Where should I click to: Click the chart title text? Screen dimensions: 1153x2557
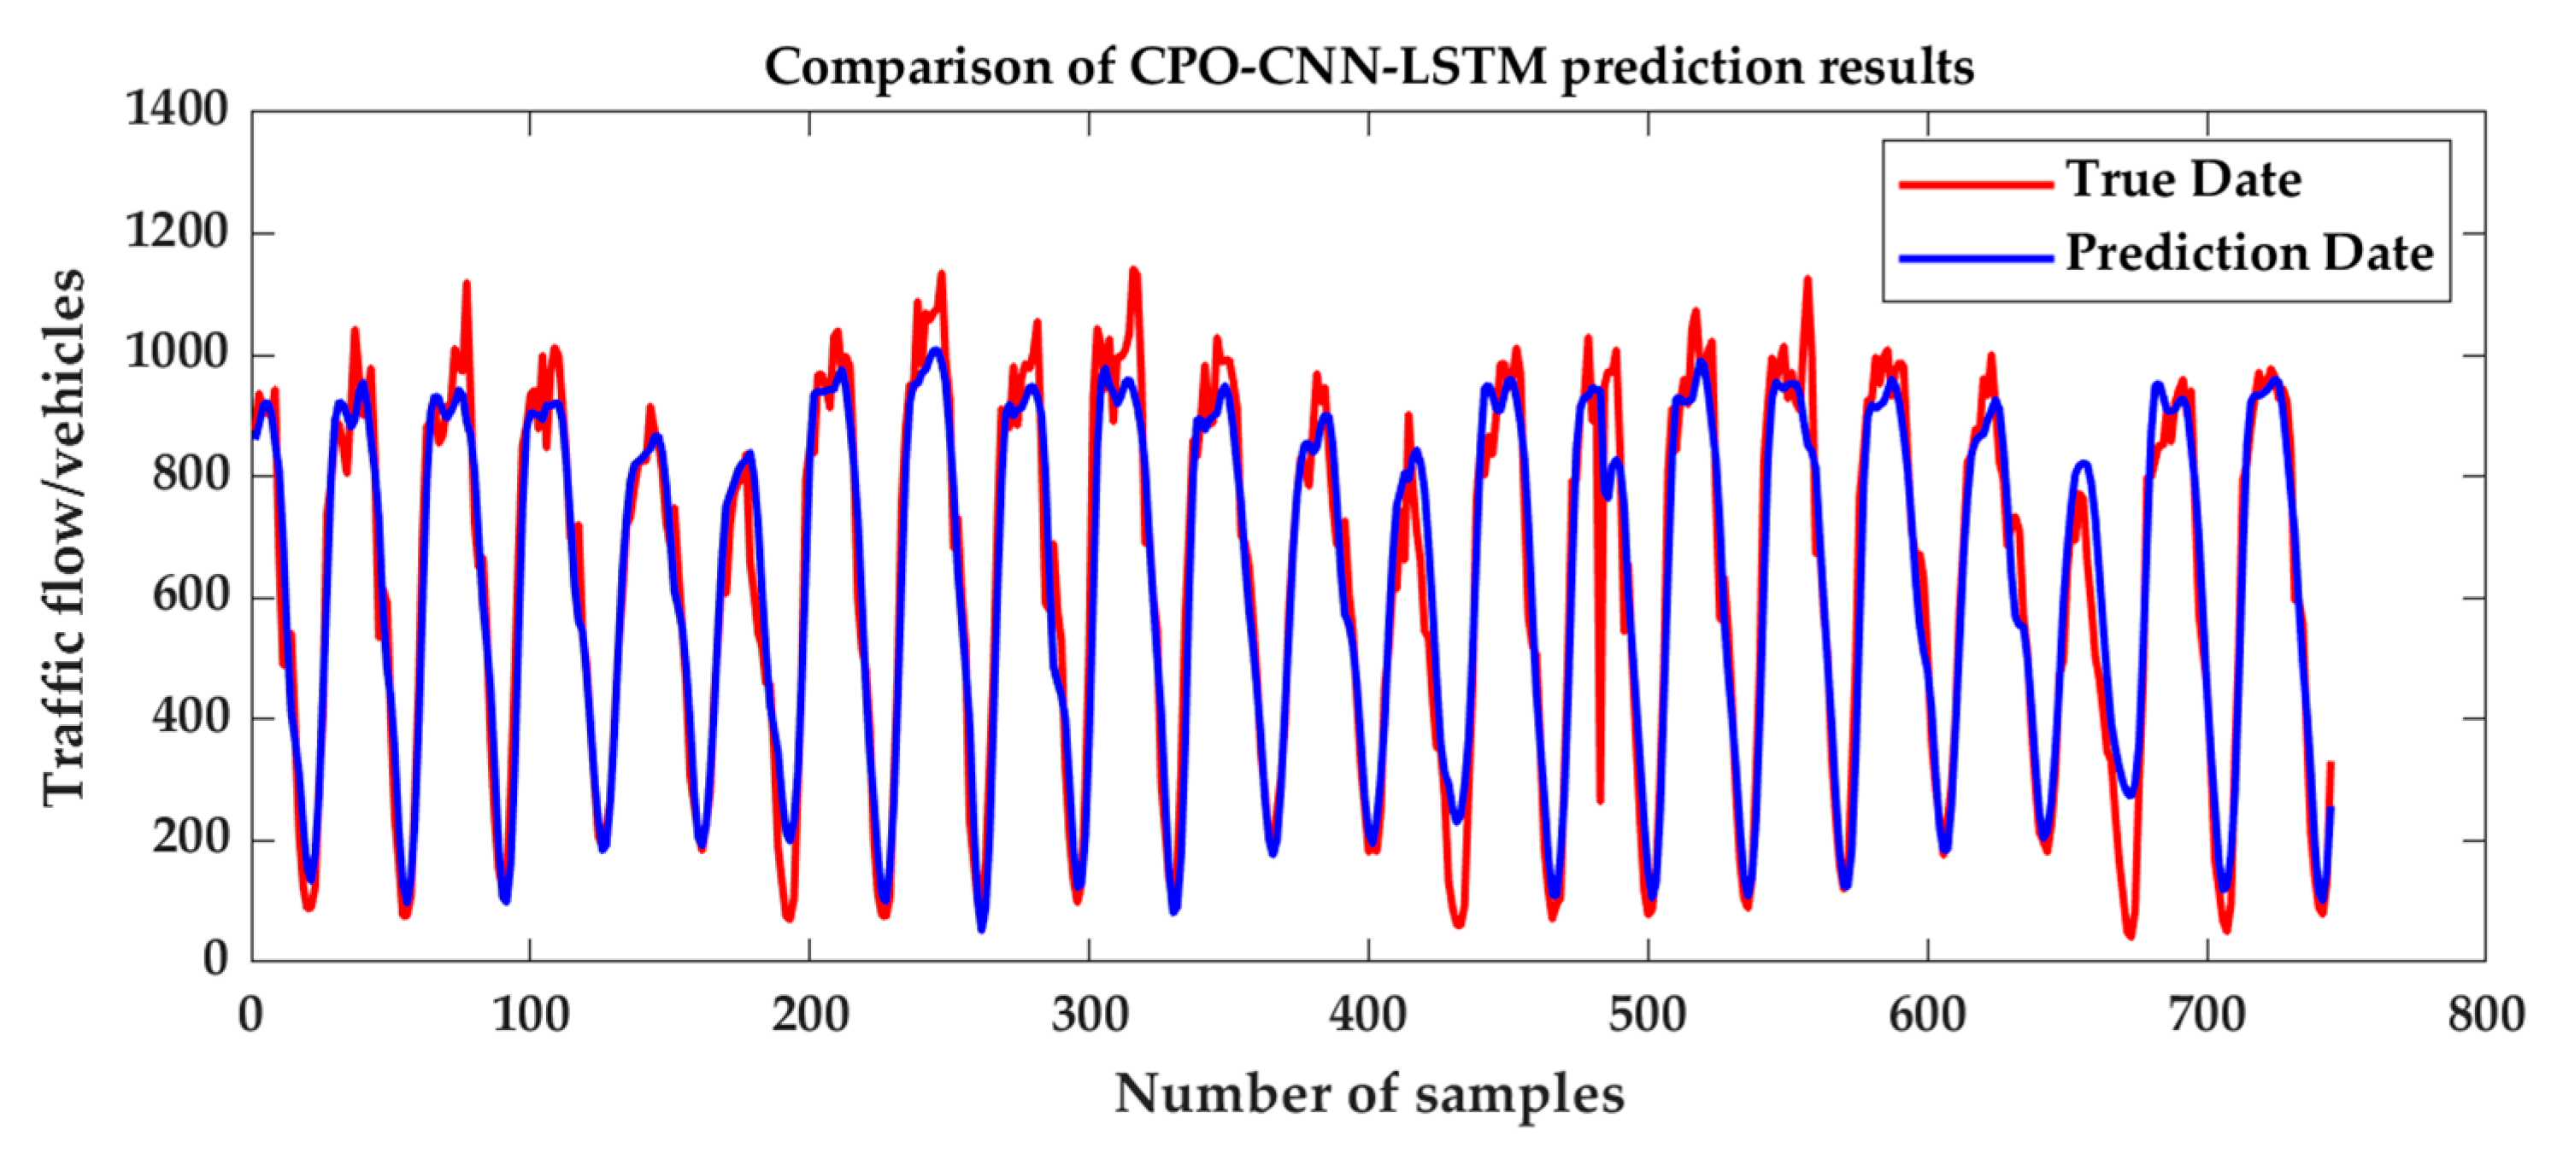click(x=1368, y=67)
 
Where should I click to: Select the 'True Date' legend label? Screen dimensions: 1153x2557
click(x=2183, y=179)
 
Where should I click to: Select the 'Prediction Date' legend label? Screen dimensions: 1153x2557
click(x=2249, y=253)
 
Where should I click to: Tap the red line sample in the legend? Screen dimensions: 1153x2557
click(x=1975, y=184)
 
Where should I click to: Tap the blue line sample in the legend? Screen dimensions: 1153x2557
click(x=1975, y=258)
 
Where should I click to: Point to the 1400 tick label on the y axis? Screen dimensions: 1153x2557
click(x=177, y=109)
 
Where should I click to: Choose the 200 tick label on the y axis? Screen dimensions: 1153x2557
click(x=189, y=839)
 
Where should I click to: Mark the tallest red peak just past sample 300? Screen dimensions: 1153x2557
click(x=1133, y=272)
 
